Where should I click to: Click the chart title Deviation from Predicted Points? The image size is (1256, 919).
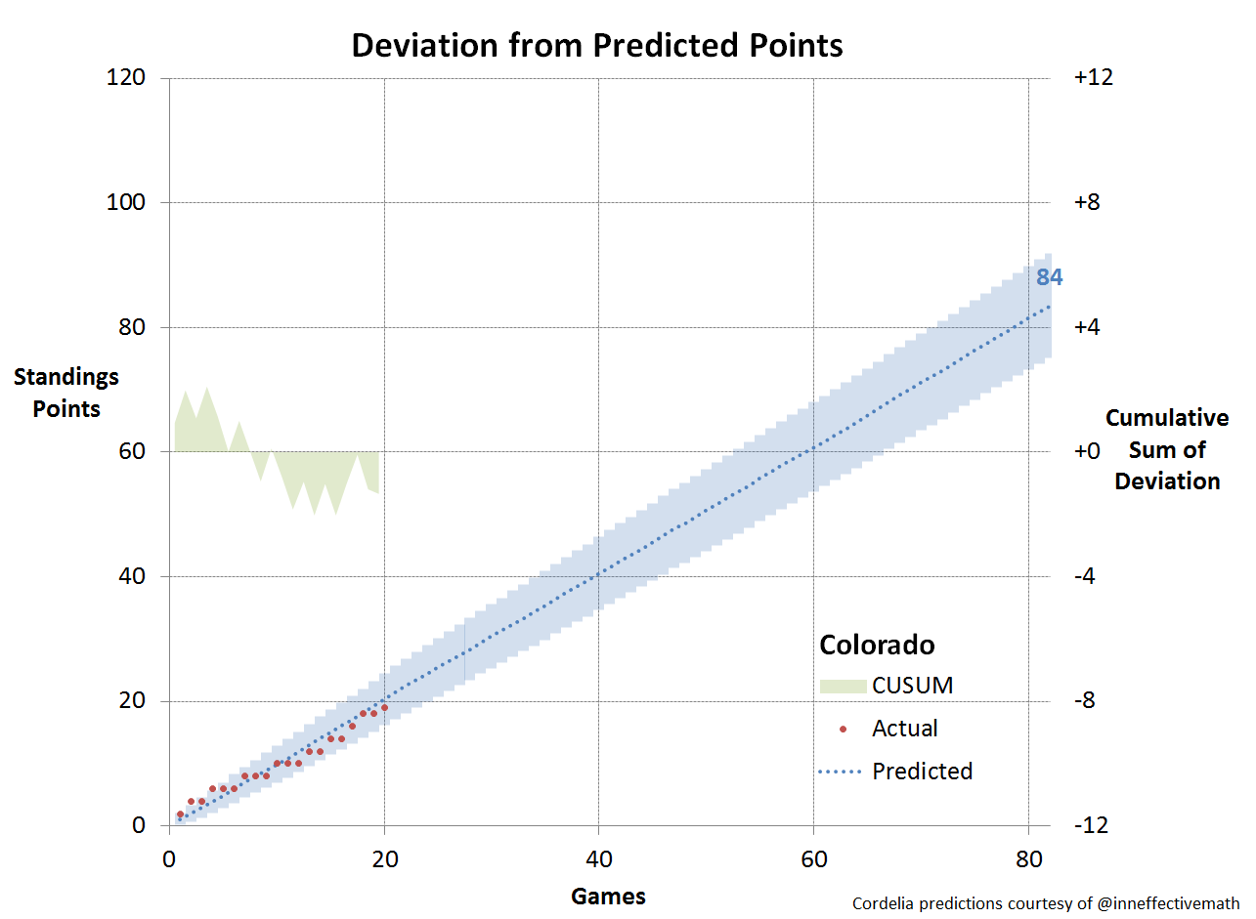(596, 45)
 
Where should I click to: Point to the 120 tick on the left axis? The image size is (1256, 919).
(126, 78)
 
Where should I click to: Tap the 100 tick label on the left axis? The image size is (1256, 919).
(126, 203)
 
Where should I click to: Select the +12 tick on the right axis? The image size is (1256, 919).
(1093, 78)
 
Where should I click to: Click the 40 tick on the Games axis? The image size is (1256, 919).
(598, 860)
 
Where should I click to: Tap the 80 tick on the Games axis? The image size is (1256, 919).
(1028, 860)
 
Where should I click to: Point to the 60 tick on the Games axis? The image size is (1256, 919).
(813, 860)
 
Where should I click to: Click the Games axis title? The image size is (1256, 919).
(608, 896)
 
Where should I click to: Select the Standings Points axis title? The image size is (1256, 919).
(66, 393)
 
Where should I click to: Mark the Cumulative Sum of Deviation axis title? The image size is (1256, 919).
(1167, 449)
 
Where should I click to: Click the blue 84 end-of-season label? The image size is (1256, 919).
(1049, 278)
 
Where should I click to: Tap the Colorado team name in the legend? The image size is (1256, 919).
(877, 646)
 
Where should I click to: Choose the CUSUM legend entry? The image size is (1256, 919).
(912, 686)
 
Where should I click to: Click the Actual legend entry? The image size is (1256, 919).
(904, 729)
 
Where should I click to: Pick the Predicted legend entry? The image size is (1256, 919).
(922, 772)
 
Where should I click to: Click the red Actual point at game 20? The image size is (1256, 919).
(384, 707)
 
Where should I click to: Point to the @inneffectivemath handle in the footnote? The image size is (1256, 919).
(1169, 904)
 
